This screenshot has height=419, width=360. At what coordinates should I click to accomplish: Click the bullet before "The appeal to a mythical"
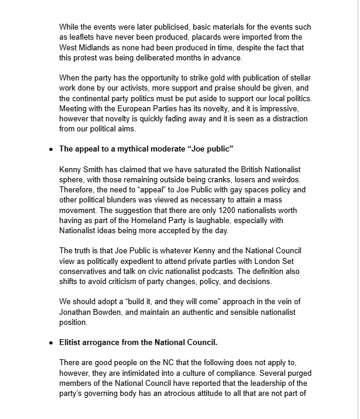52,149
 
